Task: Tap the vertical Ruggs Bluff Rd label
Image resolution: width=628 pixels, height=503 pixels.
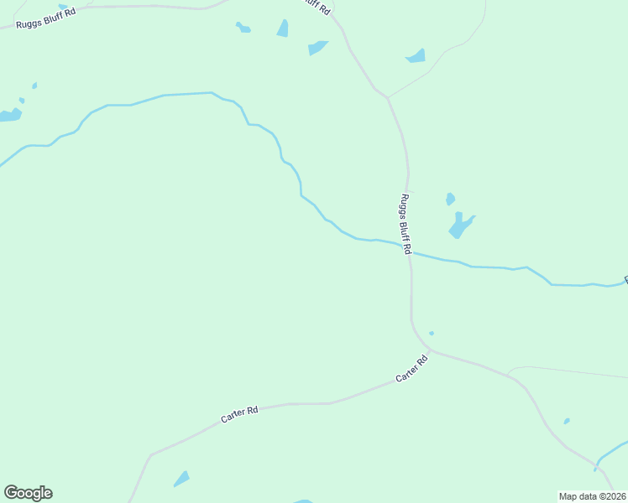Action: point(405,224)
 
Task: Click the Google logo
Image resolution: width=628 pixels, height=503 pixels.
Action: point(28,493)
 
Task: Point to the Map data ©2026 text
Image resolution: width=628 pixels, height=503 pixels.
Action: point(593,495)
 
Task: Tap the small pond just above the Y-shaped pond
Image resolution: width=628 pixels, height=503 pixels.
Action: point(450,199)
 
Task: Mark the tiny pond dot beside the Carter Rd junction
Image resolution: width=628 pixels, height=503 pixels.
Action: point(432,333)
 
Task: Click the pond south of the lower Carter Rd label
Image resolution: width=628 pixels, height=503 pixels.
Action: point(181,479)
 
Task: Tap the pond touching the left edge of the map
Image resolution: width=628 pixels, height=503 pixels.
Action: point(8,115)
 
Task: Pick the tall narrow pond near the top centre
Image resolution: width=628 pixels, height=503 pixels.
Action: point(283,29)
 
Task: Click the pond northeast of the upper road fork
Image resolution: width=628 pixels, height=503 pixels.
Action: point(416,56)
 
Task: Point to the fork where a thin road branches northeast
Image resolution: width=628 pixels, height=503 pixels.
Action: point(388,97)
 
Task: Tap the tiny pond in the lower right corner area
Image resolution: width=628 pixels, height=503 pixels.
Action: point(567,421)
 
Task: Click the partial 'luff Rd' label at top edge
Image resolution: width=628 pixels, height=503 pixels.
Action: point(318,5)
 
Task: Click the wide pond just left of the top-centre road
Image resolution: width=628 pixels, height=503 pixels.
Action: point(317,48)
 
